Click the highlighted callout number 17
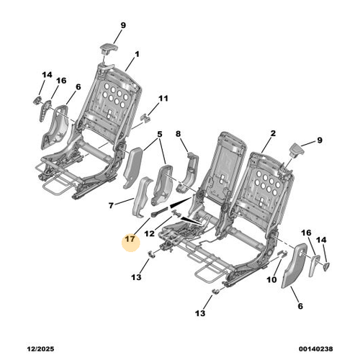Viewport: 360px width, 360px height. point(130,239)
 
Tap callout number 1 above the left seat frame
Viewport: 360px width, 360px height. point(137,55)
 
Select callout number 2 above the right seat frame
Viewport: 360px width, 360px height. point(273,133)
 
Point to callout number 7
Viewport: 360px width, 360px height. point(111,206)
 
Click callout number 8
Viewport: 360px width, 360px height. point(178,134)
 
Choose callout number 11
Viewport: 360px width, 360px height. point(163,99)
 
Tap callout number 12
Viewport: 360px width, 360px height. point(150,233)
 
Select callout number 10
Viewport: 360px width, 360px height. point(271,279)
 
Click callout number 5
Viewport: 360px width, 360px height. point(160,134)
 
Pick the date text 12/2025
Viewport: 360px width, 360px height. point(40,348)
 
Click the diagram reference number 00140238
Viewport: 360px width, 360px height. point(316,348)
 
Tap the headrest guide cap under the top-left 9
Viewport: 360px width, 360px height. point(109,48)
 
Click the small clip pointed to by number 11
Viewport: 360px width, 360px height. point(146,117)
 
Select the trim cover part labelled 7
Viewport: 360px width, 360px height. point(142,197)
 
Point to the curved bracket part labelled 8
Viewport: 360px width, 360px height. point(188,172)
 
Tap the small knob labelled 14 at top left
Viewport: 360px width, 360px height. point(37,100)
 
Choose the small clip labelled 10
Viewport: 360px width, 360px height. point(282,253)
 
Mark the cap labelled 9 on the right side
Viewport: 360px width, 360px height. point(297,150)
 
